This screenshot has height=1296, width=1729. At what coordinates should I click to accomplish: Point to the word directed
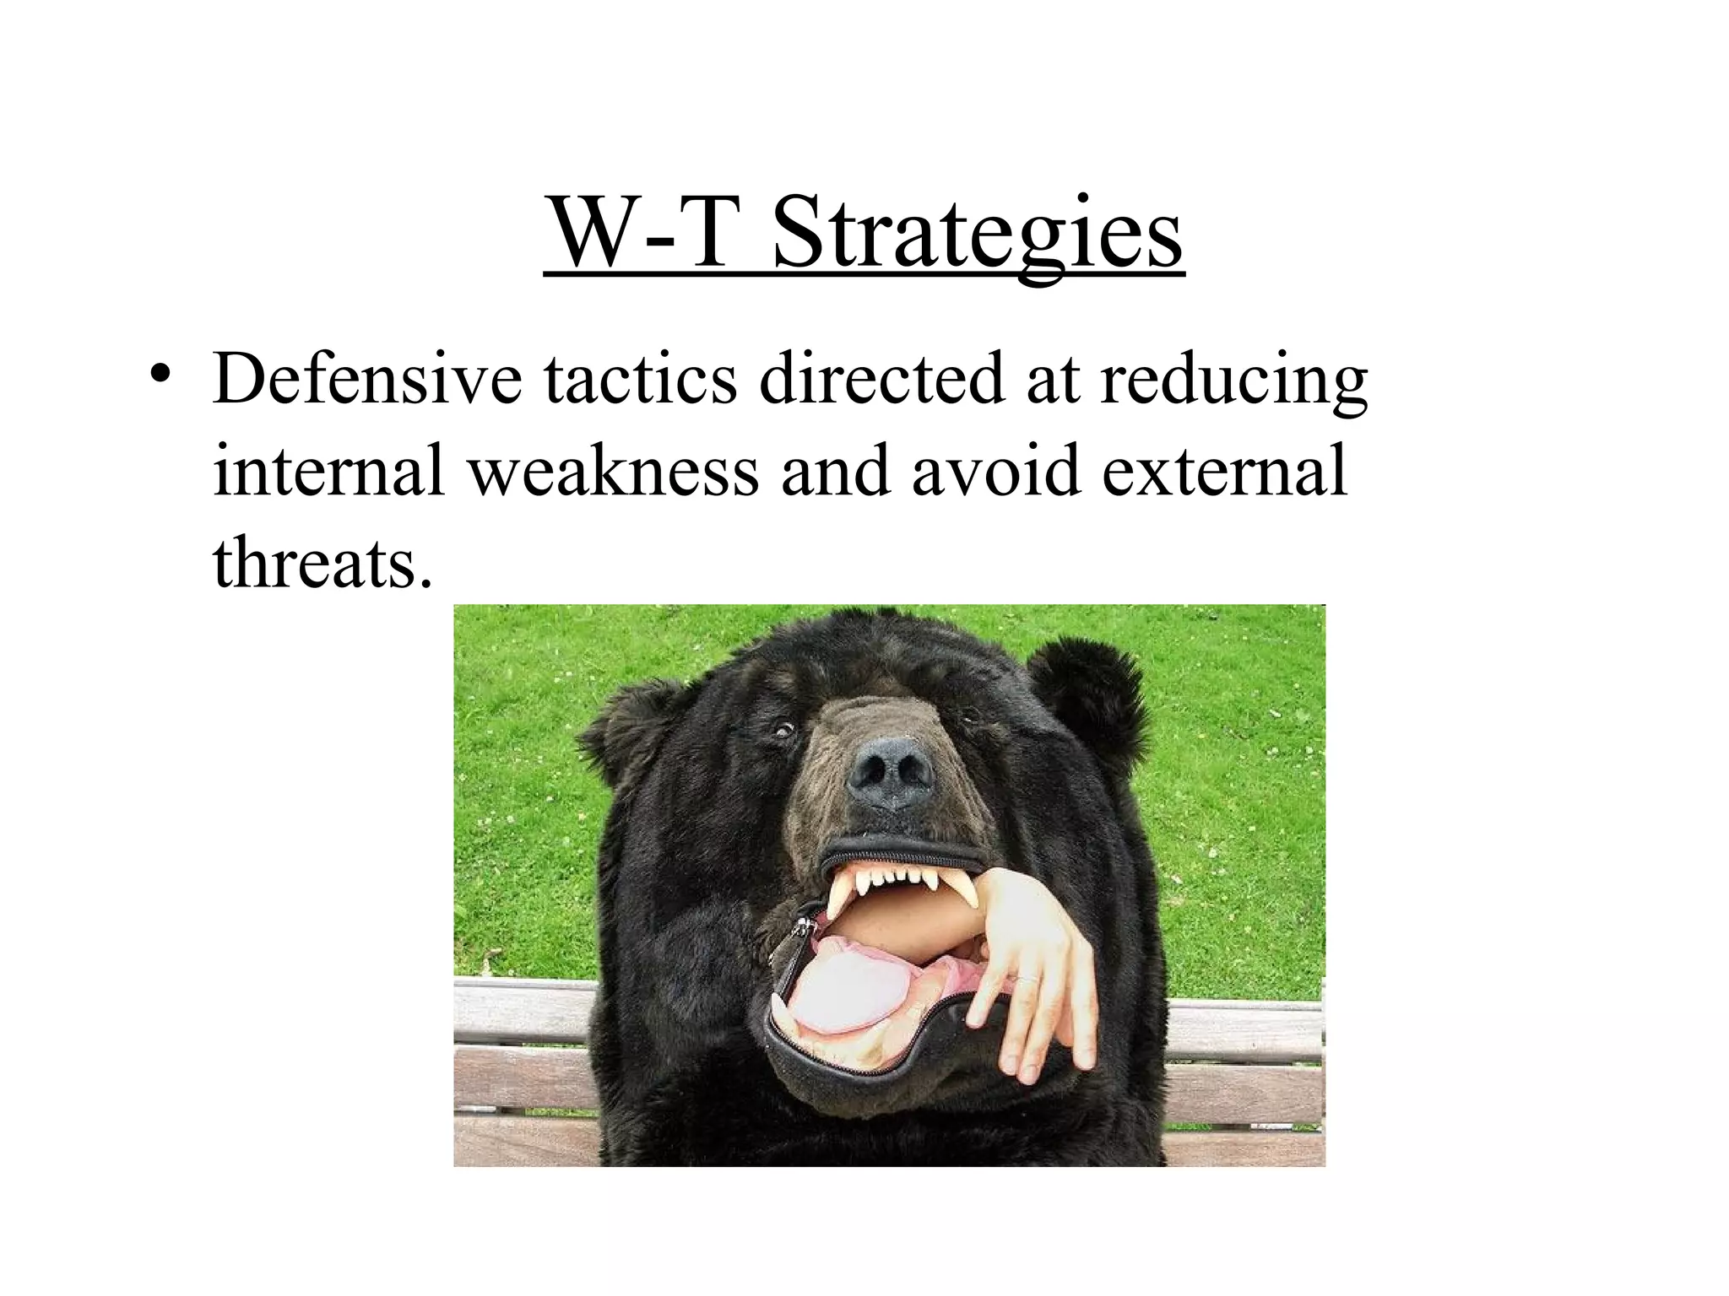click(x=881, y=379)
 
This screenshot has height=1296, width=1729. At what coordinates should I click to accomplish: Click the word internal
click(x=329, y=470)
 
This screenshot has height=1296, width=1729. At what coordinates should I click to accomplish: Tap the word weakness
click(x=614, y=470)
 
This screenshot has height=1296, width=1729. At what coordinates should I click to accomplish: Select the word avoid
click(x=996, y=470)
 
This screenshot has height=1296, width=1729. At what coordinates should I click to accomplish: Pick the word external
click(x=1225, y=470)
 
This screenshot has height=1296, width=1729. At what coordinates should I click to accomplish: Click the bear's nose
click(x=892, y=770)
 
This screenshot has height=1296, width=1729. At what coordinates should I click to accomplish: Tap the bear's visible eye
click(x=783, y=729)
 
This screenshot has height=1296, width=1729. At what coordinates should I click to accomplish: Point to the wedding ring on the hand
click(x=1025, y=979)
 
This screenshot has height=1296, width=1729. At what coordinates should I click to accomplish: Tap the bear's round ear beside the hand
click(x=1085, y=692)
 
